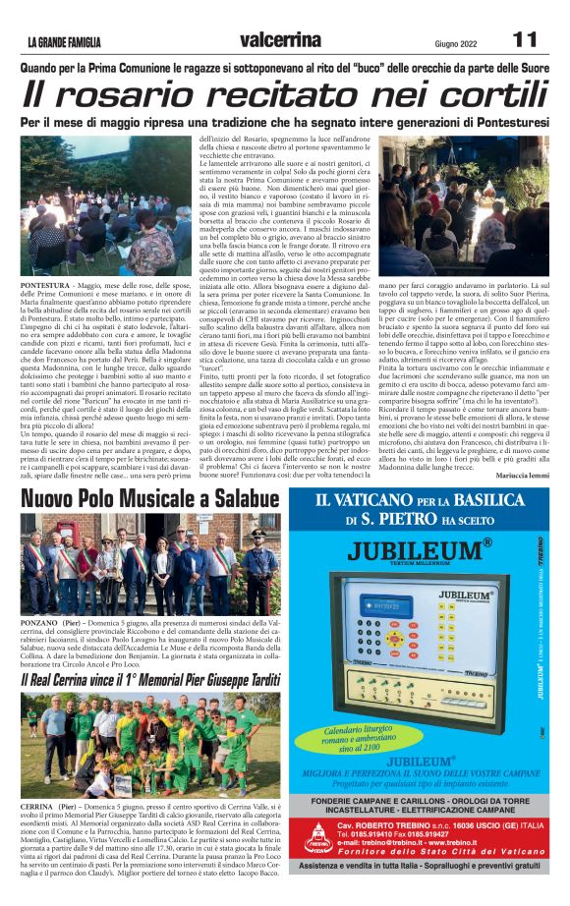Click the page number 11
click(x=524, y=40)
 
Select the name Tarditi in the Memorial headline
click(x=249, y=679)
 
